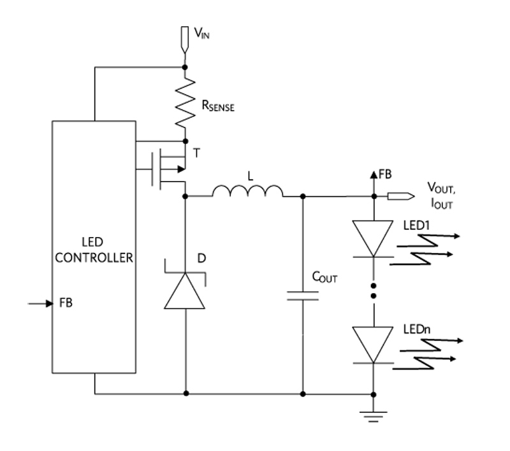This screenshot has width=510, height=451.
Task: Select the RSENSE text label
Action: (x=217, y=107)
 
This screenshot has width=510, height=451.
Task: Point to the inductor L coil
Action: (x=248, y=191)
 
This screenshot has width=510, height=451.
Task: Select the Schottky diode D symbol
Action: (x=185, y=289)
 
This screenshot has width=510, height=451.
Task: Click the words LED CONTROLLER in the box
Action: (x=94, y=250)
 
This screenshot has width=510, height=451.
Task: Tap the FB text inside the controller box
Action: (x=66, y=303)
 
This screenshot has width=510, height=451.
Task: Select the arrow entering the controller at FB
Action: (x=40, y=303)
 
